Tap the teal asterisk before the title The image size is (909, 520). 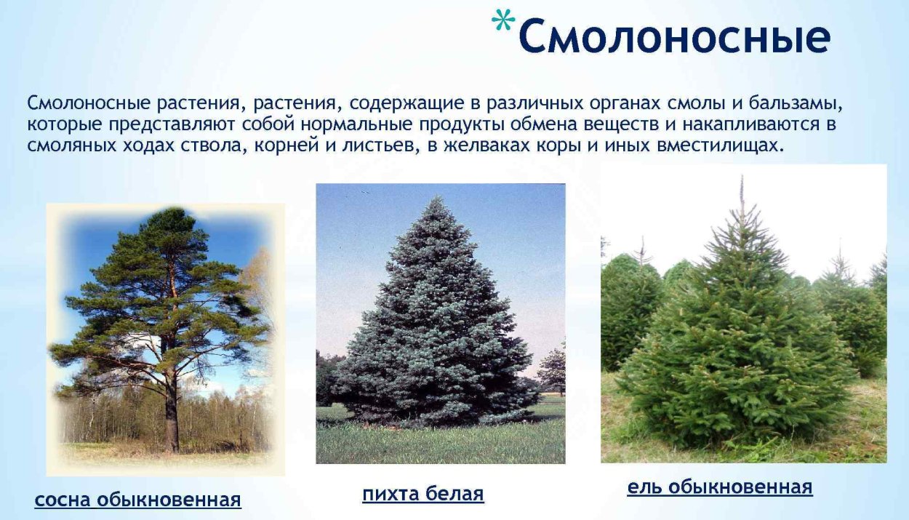(x=501, y=22)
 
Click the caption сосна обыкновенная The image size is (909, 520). (x=137, y=500)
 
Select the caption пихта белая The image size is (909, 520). (x=423, y=495)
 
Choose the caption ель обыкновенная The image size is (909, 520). (x=719, y=487)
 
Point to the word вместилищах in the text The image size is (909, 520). (x=723, y=145)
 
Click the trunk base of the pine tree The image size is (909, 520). (x=172, y=444)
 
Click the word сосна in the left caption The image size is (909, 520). (x=63, y=500)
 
